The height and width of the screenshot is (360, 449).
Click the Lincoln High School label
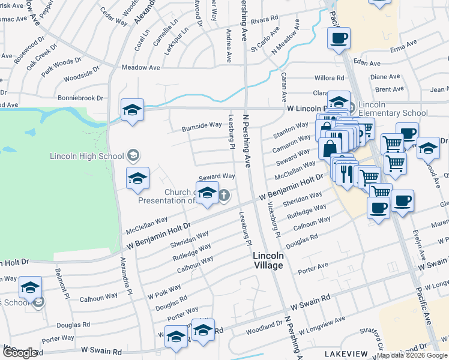[x=87, y=157]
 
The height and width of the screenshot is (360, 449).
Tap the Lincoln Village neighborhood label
[x=268, y=260]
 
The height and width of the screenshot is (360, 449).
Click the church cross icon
[x=224, y=194]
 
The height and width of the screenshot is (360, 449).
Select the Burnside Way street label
[x=202, y=125]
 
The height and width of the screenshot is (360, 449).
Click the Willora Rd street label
[x=329, y=78]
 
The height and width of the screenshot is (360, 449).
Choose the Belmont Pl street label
[x=61, y=280]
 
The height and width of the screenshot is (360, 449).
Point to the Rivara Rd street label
[x=265, y=19]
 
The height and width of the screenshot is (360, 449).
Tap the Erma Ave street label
[x=403, y=45]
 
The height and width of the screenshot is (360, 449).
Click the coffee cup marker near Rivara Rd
[x=339, y=39]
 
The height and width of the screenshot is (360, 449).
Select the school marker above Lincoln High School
[x=132, y=110]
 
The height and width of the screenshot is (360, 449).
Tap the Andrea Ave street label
[x=229, y=45]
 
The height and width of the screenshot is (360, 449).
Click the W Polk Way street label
[x=164, y=290]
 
